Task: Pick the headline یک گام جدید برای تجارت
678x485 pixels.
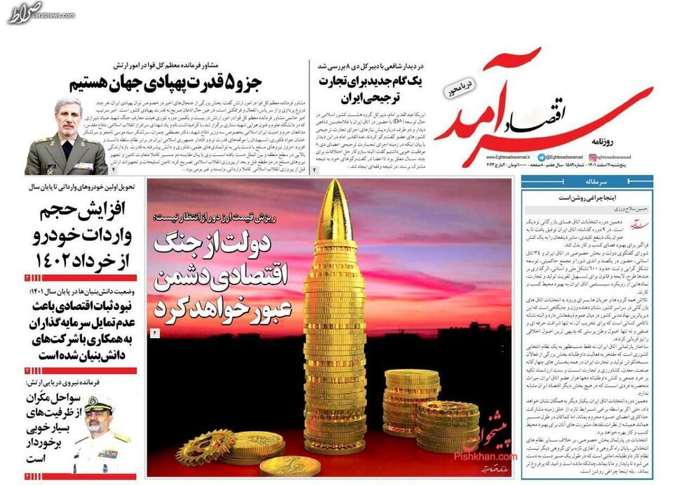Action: [x=369, y=89]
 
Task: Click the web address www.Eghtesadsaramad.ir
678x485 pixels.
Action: [x=491, y=160]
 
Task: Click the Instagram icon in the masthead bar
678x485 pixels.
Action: [x=541, y=159]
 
